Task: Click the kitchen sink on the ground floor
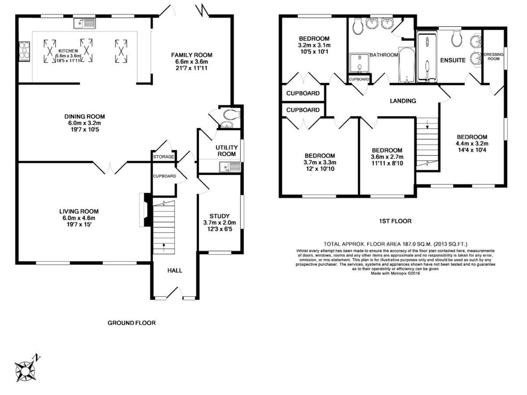(85, 24)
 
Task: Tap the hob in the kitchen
(24, 51)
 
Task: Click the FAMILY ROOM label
(191, 55)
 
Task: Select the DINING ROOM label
(85, 116)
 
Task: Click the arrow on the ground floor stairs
(164, 247)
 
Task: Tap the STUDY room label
(219, 216)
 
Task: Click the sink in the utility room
(230, 167)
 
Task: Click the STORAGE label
(164, 157)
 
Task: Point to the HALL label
(175, 271)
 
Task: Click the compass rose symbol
(25, 371)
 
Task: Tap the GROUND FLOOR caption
(131, 323)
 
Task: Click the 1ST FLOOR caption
(395, 221)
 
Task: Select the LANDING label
(403, 101)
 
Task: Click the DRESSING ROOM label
(494, 56)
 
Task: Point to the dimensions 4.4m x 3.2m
(472, 144)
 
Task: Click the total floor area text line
(395, 244)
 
